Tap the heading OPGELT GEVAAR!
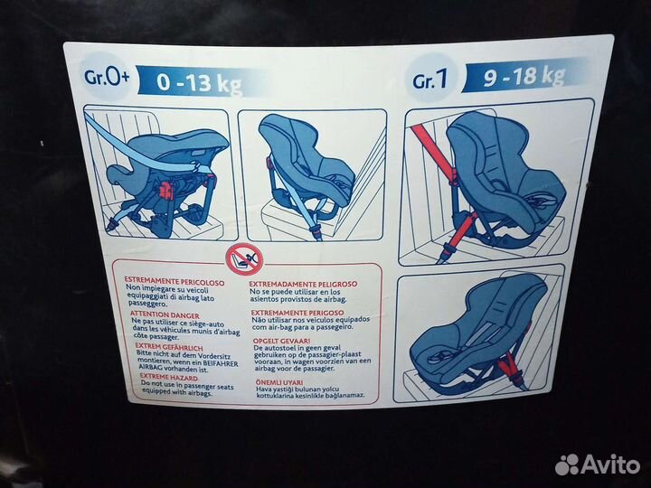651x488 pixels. coord(281,340)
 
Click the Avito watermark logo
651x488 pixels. coord(597,464)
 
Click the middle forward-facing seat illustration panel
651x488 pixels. coord(311,176)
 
